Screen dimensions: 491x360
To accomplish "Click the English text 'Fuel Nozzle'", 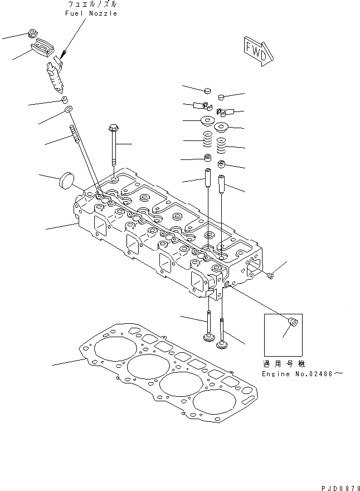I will [x=92, y=13].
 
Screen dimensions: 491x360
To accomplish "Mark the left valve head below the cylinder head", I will [x=208, y=337].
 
